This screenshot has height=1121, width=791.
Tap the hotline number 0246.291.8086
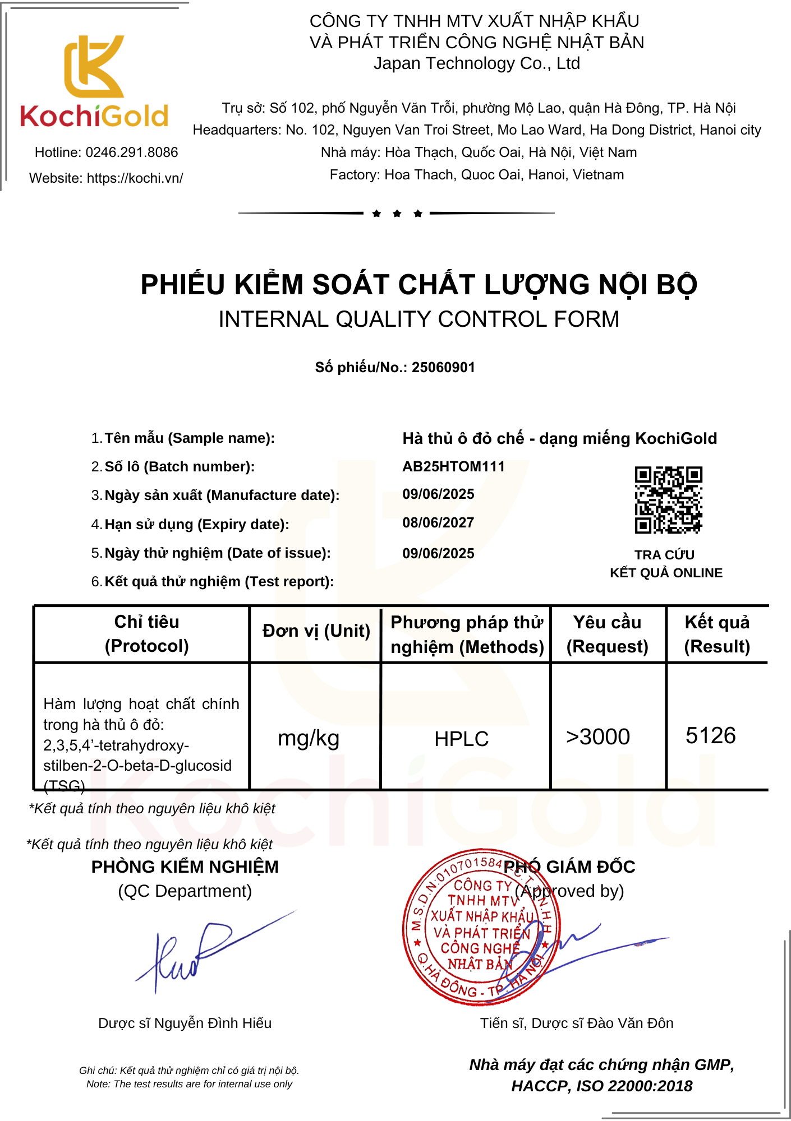132,152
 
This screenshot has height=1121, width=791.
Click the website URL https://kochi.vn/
135,178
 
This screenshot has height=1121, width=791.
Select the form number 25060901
443,368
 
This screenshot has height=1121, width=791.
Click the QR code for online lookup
668,499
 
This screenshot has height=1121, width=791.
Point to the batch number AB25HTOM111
453,466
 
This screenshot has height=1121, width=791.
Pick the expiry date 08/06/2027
438,523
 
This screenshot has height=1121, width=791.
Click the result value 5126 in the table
710,735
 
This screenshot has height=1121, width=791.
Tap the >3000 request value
598,736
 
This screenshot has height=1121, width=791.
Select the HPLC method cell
462,739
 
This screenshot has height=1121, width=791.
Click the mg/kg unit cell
309,738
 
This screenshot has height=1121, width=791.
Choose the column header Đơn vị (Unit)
316,631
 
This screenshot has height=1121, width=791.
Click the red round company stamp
481,927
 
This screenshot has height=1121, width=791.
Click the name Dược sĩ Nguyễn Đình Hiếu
185,1023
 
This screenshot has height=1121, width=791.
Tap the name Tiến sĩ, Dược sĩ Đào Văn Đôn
576,1023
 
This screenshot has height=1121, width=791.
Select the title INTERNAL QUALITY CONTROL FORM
419,319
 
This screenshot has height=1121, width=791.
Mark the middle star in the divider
397,214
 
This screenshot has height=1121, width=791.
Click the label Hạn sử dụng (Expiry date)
196,524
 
